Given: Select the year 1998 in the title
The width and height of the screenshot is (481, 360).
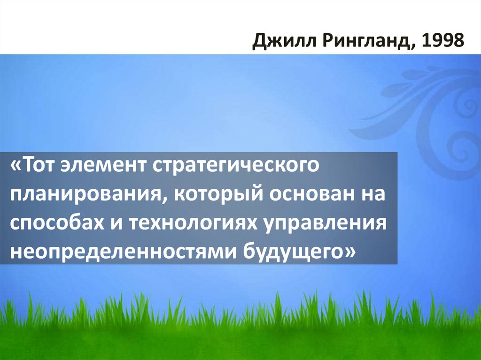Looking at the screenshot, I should click(x=442, y=42).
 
